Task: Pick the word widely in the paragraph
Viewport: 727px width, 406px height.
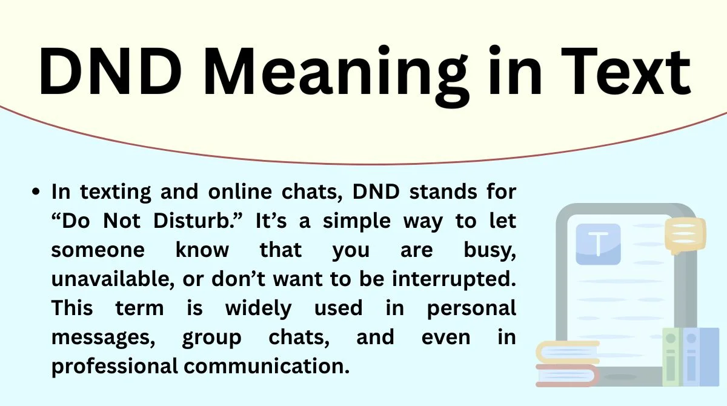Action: click(x=258, y=308)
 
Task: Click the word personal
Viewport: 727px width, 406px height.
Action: click(x=471, y=308)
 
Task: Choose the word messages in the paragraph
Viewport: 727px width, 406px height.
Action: click(x=102, y=337)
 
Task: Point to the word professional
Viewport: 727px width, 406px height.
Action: click(x=115, y=366)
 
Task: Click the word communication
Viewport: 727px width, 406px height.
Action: click(x=265, y=366)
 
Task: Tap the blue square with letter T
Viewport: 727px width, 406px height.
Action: click(x=598, y=244)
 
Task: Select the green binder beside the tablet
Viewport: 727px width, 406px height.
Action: click(x=671, y=358)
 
